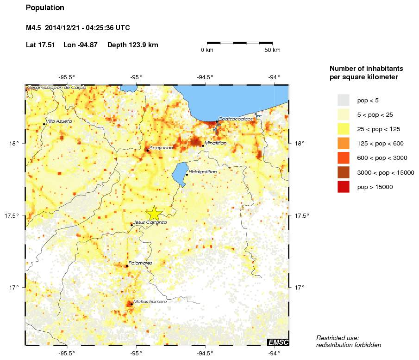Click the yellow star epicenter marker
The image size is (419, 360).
click(x=154, y=214)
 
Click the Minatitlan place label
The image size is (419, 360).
click(x=215, y=143)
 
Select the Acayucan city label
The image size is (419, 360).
click(x=161, y=147)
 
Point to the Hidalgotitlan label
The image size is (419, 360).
click(x=202, y=172)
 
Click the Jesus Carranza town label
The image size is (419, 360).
click(x=150, y=222)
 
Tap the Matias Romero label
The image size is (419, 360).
click(x=150, y=302)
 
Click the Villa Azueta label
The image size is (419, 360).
click(x=59, y=121)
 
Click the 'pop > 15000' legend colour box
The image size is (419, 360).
click(x=343, y=187)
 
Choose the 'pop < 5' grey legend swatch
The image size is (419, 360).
click(x=343, y=100)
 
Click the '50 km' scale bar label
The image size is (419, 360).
click(x=272, y=50)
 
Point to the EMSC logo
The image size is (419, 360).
click(x=278, y=342)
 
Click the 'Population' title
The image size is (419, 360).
click(x=45, y=8)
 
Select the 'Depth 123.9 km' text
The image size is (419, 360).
click(x=132, y=45)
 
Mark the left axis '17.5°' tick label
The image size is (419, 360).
click(x=13, y=215)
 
